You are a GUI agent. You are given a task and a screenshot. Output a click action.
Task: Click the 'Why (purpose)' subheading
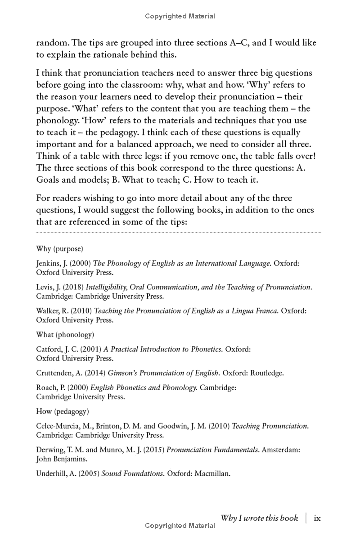[x=59, y=249]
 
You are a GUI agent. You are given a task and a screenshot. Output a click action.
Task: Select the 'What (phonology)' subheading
[x=65, y=335]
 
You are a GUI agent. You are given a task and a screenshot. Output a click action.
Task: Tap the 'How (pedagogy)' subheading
[x=63, y=411]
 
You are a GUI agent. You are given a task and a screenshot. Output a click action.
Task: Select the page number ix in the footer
[x=317, y=518]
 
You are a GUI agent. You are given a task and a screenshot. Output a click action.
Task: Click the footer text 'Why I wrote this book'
[x=259, y=518]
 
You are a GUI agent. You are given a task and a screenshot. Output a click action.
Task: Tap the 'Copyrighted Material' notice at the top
[x=180, y=16]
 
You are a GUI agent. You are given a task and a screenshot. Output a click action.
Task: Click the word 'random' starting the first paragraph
[x=51, y=43]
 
